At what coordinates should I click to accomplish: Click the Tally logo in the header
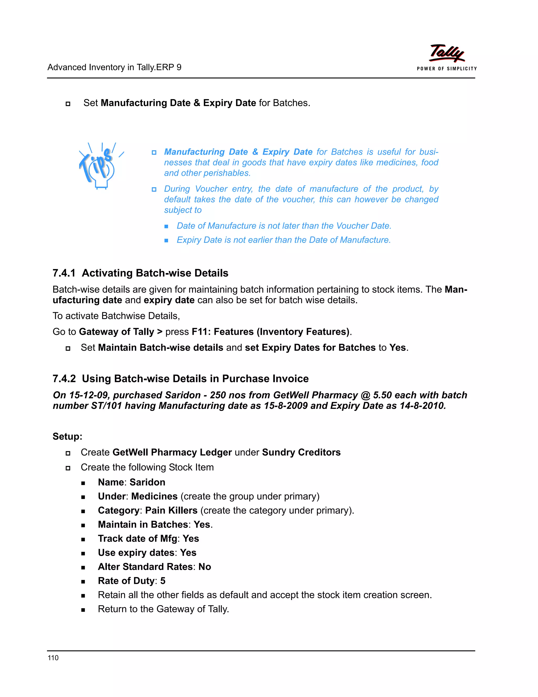pos(447,53)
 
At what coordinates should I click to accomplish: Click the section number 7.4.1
pos(64,273)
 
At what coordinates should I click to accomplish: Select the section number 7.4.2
pos(64,378)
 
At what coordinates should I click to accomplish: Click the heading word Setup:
pos(67,436)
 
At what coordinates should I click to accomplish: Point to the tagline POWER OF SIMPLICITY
pos(447,69)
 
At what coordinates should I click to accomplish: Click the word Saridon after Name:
pos(147,482)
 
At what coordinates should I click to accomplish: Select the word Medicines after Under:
pos(154,496)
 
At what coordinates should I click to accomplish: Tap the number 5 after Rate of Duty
pos(163,580)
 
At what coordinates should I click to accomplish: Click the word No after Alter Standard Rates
pos(205,567)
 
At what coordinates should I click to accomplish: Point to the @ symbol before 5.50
pos(366,395)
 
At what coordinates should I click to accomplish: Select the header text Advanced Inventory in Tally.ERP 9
pos(114,67)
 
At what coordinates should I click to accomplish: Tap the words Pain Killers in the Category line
pos(171,510)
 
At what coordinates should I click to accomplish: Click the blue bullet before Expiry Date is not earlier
pos(166,241)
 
